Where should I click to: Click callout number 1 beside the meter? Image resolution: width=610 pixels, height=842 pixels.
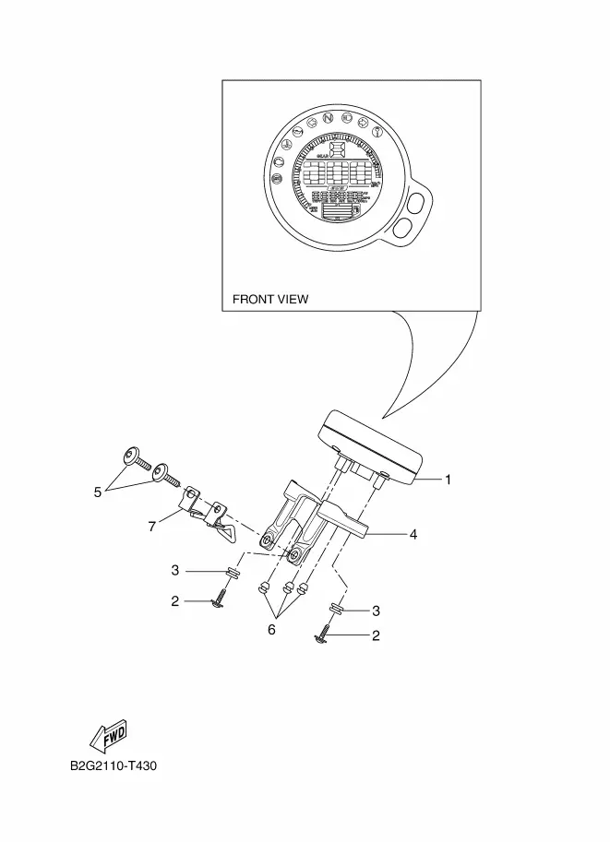(448, 480)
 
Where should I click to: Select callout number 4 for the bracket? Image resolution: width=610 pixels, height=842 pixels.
(413, 534)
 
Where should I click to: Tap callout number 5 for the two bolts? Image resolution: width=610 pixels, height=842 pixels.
(97, 492)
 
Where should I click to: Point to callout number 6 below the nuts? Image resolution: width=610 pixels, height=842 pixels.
(271, 630)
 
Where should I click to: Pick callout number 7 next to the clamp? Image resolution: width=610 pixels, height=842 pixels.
(151, 526)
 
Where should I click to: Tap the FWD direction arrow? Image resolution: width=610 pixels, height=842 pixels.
(108, 735)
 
